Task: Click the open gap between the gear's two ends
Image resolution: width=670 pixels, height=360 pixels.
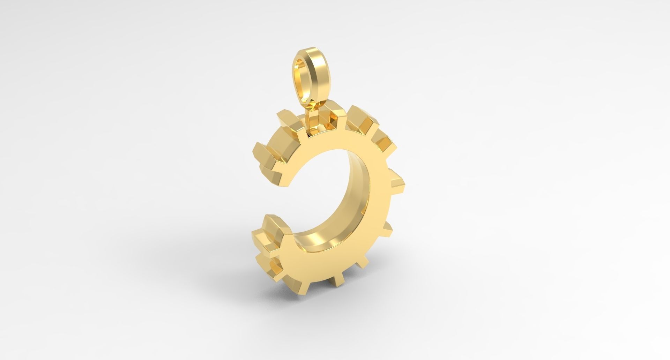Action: [276, 197]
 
